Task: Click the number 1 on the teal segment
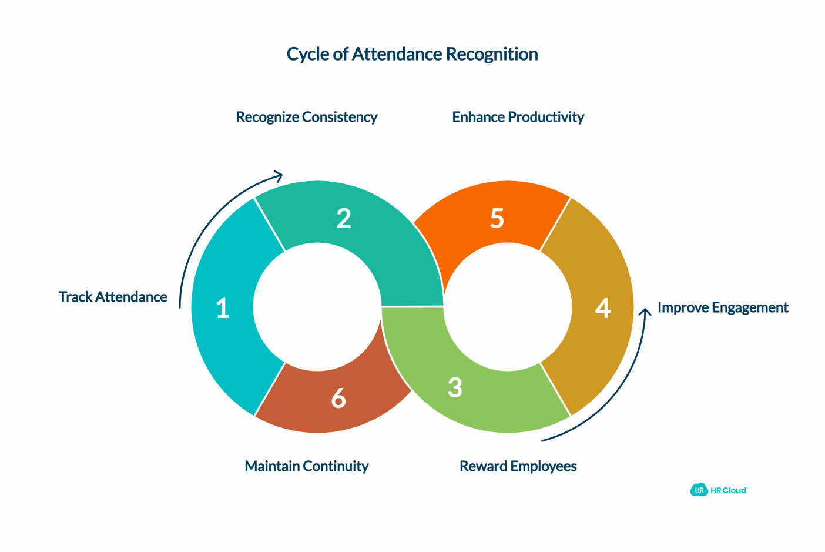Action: (222, 309)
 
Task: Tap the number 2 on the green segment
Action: (344, 219)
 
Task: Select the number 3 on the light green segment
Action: (455, 387)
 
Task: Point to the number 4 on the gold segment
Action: (603, 308)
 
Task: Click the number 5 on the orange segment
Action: (497, 218)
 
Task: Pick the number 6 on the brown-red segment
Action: (338, 399)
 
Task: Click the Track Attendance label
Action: (113, 297)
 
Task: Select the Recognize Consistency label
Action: (306, 117)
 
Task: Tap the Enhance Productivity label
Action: (518, 117)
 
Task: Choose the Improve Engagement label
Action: (723, 307)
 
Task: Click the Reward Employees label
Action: (518, 466)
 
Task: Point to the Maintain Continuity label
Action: (306, 466)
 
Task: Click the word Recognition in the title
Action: (492, 54)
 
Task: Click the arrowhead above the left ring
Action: (279, 175)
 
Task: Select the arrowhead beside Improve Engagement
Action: (645, 312)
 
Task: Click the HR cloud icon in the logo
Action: (699, 490)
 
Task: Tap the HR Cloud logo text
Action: (729, 490)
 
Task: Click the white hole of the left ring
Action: (317, 307)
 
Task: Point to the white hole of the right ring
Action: (508, 307)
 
